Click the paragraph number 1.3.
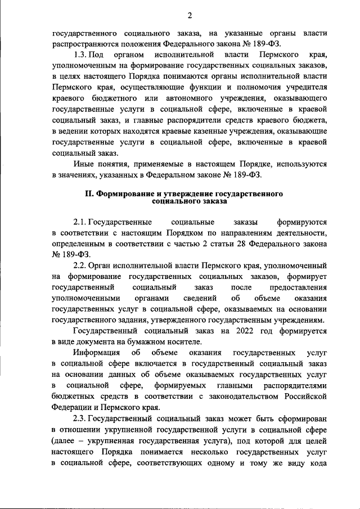[x=82, y=55]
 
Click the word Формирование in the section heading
[x=126, y=193]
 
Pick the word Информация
[x=97, y=353]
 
